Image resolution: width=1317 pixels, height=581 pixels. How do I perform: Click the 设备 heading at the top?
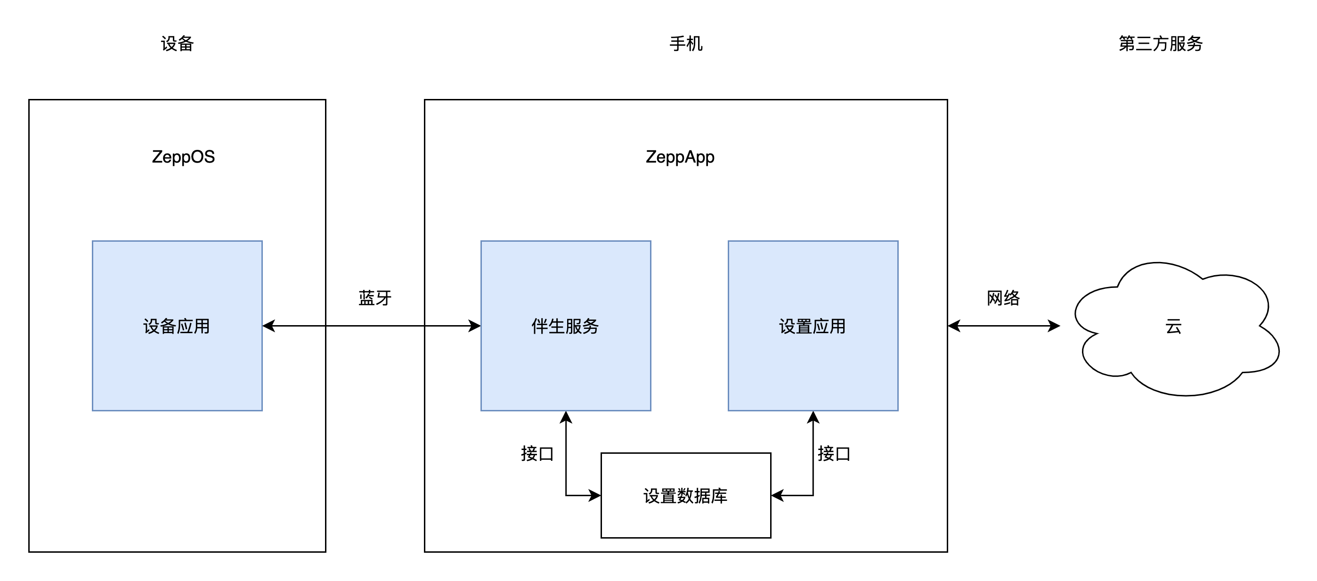click(177, 43)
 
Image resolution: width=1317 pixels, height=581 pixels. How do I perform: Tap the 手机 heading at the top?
click(686, 43)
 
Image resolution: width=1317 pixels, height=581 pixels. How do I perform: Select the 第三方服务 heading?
click(1160, 43)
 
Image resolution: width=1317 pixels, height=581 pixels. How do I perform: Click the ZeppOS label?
click(183, 156)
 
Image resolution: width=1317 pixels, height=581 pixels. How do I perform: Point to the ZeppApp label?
click(680, 156)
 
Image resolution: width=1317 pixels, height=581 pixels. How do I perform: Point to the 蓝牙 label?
click(375, 298)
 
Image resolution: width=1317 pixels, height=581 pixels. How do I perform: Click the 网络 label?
click(1003, 298)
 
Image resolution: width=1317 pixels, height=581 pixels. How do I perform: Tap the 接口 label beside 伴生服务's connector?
click(537, 454)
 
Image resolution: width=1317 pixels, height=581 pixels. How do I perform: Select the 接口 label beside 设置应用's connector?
click(833, 454)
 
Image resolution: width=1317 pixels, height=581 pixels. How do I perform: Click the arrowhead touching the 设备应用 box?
click(269, 326)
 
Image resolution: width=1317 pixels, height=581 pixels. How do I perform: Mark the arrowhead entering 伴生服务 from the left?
click(474, 326)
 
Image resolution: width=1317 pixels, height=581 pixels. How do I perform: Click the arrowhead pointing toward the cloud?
click(1054, 326)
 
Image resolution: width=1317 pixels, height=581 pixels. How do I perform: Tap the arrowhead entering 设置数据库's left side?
click(594, 495)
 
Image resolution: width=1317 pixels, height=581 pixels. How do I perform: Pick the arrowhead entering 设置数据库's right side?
click(778, 495)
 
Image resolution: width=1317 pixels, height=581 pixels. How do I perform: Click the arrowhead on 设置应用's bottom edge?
click(813, 417)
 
